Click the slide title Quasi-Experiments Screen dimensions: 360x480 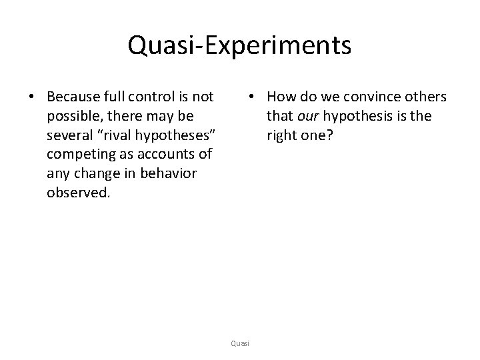[x=239, y=46]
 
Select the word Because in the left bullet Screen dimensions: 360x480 [x=75, y=98]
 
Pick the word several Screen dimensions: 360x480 [x=69, y=135]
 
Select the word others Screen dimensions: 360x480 [x=425, y=98]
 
